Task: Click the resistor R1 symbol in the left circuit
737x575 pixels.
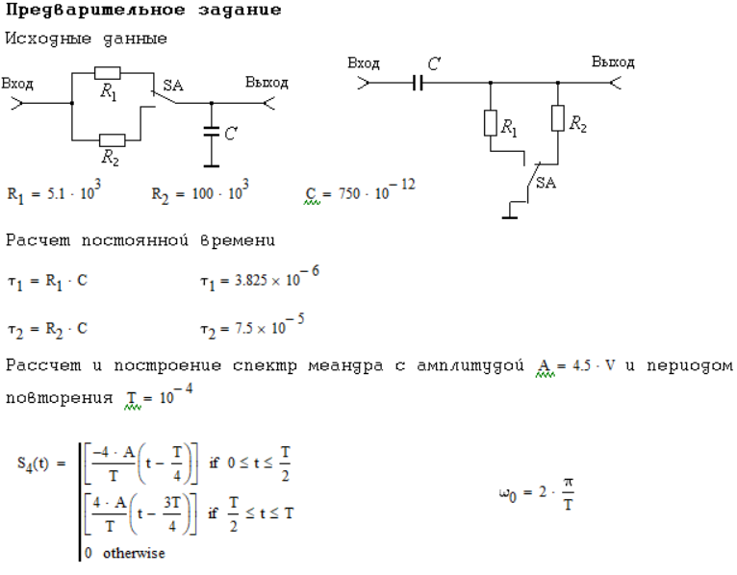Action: coord(107,73)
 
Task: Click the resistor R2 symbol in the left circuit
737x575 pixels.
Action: coord(112,140)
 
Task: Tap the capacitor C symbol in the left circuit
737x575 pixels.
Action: coord(212,132)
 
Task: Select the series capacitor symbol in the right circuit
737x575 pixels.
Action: coord(418,83)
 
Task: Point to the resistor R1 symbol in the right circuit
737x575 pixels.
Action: coord(491,123)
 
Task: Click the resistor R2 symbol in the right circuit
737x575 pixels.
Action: coord(558,118)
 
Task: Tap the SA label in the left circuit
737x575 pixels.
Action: coord(173,86)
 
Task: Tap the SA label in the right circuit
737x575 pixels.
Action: coord(546,183)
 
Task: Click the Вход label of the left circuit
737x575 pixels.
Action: coord(17,84)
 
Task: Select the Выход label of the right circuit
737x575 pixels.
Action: coord(613,62)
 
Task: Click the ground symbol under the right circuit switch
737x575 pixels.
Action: coord(510,217)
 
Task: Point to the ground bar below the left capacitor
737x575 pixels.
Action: coord(212,165)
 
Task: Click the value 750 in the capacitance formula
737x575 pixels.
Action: coord(348,193)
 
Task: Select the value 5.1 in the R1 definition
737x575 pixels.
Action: coord(56,193)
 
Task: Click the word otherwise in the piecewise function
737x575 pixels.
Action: coord(134,553)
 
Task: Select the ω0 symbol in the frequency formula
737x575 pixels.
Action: coord(508,493)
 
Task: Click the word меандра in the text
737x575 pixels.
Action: coord(346,366)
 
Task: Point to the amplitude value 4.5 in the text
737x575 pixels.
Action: coord(581,365)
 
